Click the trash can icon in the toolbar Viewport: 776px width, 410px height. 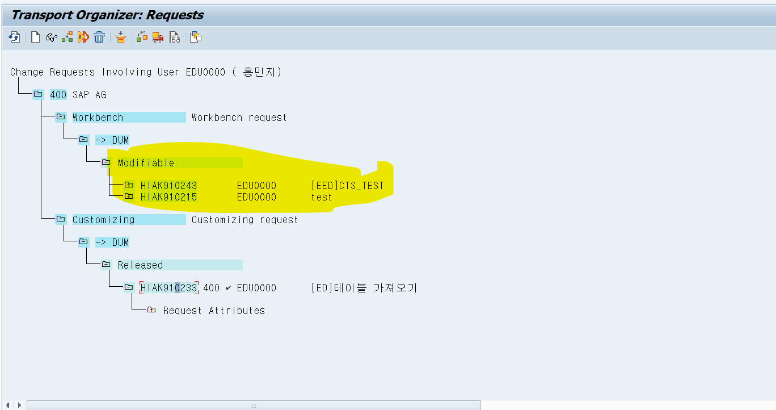coord(99,37)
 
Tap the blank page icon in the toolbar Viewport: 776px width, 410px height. coord(35,37)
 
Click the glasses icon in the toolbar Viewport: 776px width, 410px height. coord(51,37)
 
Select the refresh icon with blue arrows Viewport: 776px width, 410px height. coord(14,37)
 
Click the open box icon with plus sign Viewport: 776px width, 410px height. coord(120,37)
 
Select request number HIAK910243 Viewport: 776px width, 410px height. coord(168,186)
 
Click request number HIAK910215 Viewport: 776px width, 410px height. coord(168,197)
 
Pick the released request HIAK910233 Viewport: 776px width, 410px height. coord(168,288)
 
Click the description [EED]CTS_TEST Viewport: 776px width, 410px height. coord(347,186)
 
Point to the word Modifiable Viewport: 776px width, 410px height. coord(146,163)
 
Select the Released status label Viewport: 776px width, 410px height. coord(140,265)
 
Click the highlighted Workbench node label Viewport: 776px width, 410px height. coord(98,118)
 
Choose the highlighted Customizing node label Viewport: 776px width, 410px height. coord(103,220)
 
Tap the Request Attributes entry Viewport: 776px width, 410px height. coord(214,311)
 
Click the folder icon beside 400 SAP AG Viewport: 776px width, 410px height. coord(38,94)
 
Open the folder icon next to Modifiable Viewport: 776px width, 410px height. coord(106,162)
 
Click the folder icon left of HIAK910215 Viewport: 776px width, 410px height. coord(129,196)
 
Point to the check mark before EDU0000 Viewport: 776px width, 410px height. coord(228,288)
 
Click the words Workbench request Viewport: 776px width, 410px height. coord(239,118)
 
